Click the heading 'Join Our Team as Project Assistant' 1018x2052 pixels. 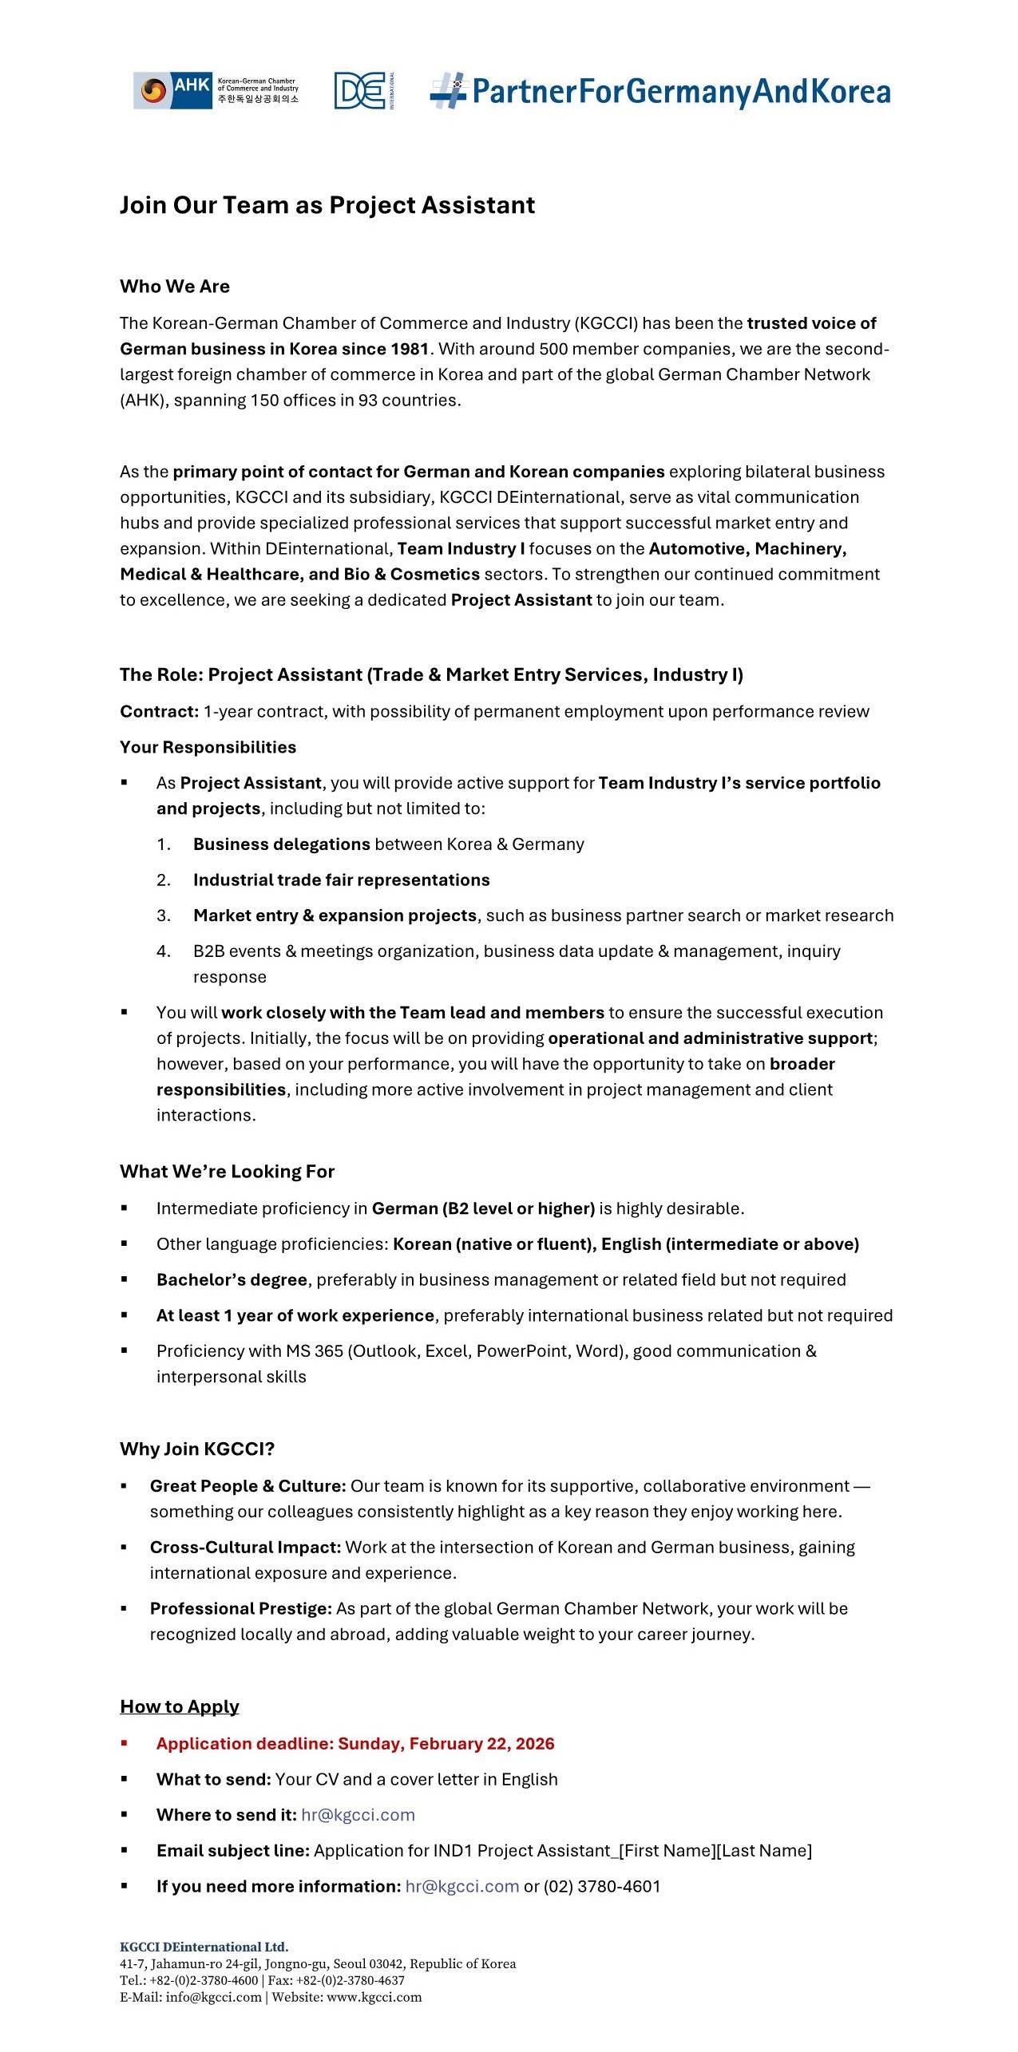coord(327,205)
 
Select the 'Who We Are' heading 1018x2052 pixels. coord(175,287)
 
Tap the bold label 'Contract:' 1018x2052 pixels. coord(159,711)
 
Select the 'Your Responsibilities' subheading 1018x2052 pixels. coord(208,747)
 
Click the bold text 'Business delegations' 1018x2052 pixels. coord(281,844)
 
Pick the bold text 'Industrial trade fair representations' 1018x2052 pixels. coord(341,880)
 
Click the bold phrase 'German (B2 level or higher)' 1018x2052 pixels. coord(483,1208)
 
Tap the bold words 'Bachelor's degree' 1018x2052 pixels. coord(232,1279)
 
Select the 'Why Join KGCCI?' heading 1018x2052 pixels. coord(197,1449)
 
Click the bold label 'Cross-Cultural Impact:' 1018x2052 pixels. coord(245,1547)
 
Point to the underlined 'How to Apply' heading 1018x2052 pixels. coord(180,1706)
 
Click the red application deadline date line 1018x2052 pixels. coord(355,1743)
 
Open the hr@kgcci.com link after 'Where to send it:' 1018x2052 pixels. coord(358,1814)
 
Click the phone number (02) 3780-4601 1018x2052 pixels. coord(602,1886)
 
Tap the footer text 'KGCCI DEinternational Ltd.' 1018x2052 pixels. coord(204,1947)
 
